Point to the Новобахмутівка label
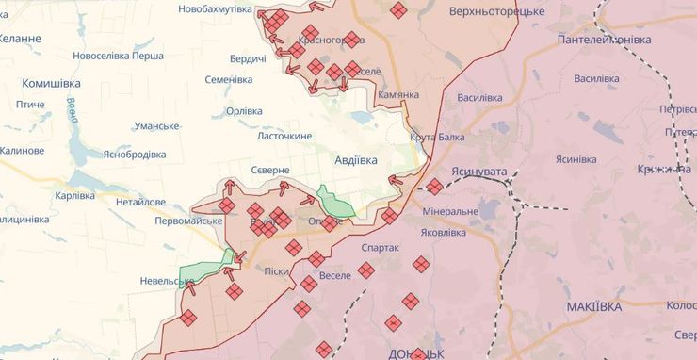[x=215, y=8]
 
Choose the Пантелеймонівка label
[x=604, y=41]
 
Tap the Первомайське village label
[x=188, y=221]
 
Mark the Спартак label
[x=381, y=247]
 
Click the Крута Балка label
[x=437, y=138]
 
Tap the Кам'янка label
[x=397, y=96]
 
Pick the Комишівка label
[x=51, y=83]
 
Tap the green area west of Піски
[x=209, y=268]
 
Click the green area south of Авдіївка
[x=334, y=202]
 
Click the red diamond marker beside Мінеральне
[x=434, y=187]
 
